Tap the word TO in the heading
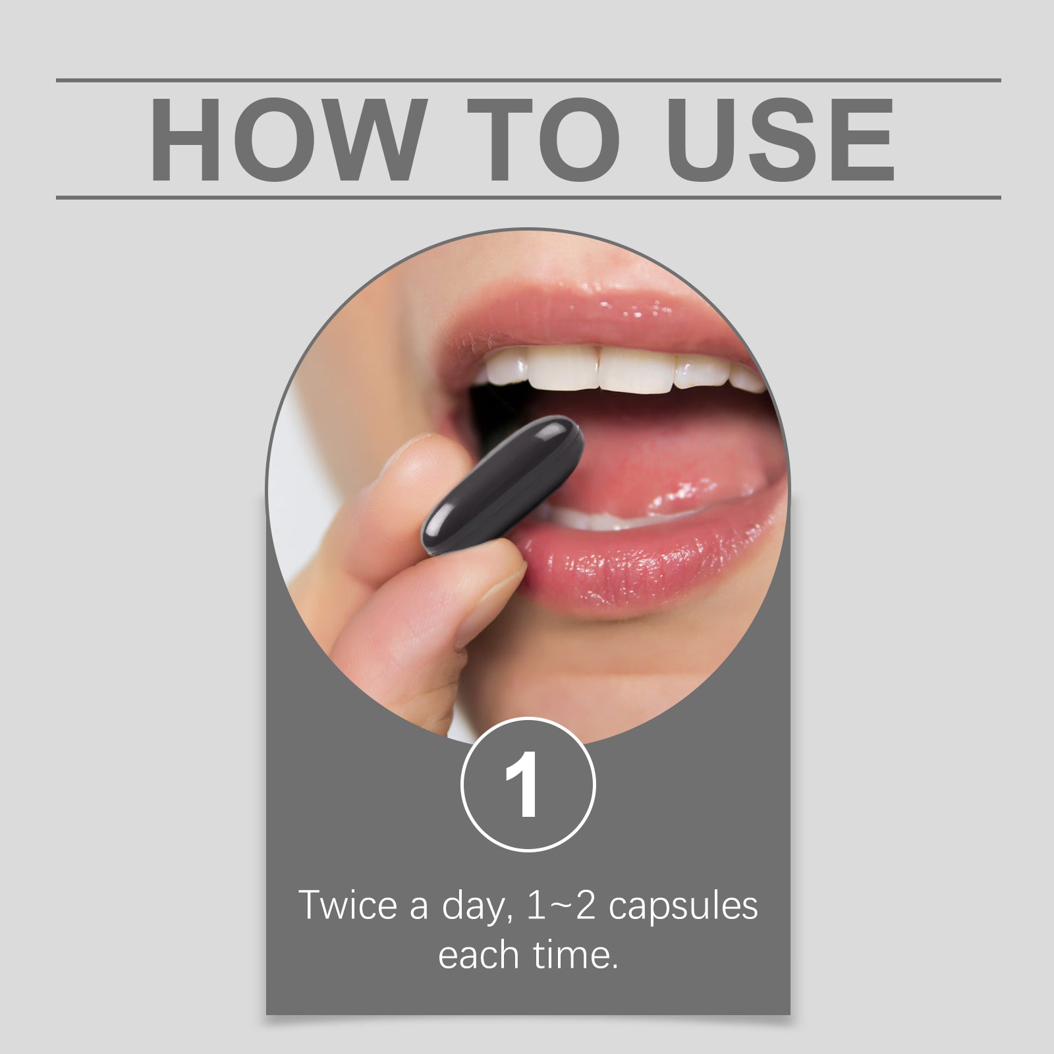tap(543, 139)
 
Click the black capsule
tap(503, 485)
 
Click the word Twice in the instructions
tap(348, 905)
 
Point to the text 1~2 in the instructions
tap(561, 906)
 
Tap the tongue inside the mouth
tap(659, 461)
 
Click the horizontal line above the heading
tap(528, 80)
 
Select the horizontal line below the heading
tap(528, 197)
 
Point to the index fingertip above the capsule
tap(422, 461)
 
